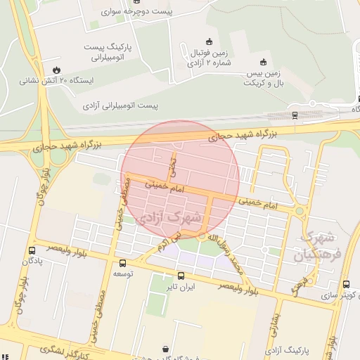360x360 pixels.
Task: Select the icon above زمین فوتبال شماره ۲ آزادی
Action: (207, 41)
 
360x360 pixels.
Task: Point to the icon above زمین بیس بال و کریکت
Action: (263, 62)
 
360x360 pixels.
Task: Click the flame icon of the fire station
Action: (56, 70)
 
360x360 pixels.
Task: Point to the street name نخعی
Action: (172, 166)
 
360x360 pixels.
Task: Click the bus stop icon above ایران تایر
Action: (181, 275)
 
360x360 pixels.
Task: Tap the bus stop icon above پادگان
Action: (32, 250)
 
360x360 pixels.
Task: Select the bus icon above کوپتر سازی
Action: (345, 284)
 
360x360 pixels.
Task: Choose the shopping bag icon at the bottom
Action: (166, 349)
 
